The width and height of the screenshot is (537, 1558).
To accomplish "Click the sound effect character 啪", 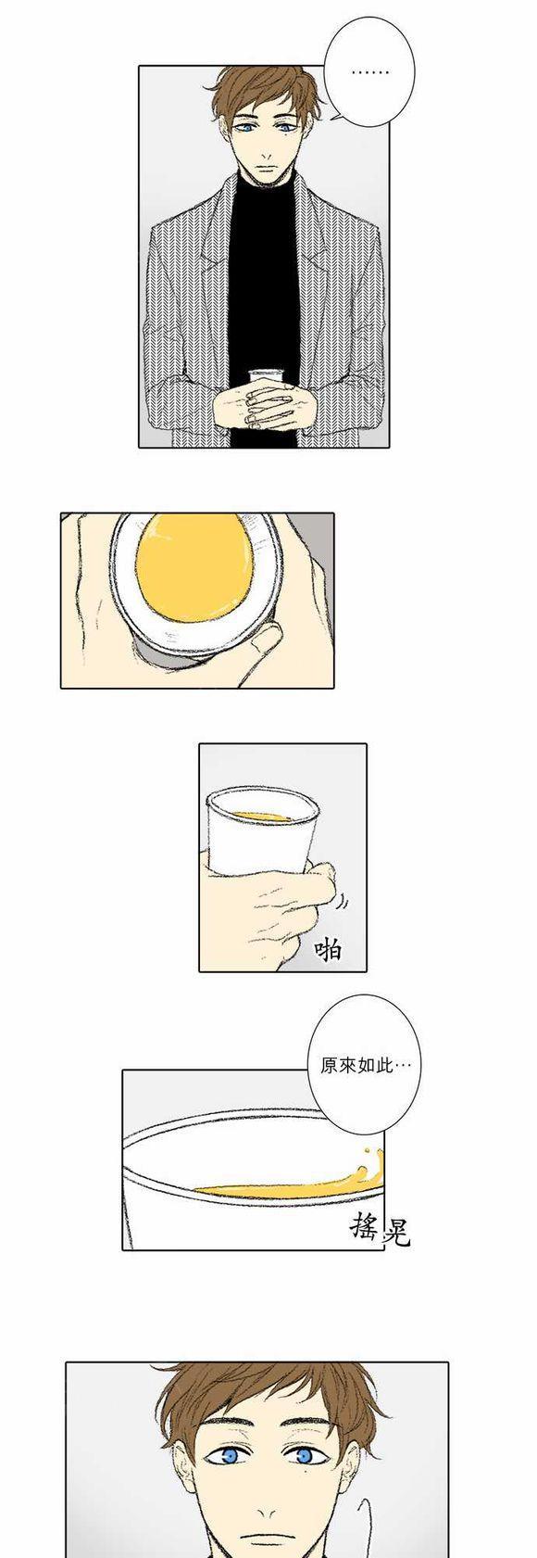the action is click(x=328, y=949).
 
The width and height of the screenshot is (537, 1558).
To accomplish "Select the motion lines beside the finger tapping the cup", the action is click(x=342, y=902).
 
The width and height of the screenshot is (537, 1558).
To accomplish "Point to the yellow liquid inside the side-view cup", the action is click(x=262, y=816).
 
